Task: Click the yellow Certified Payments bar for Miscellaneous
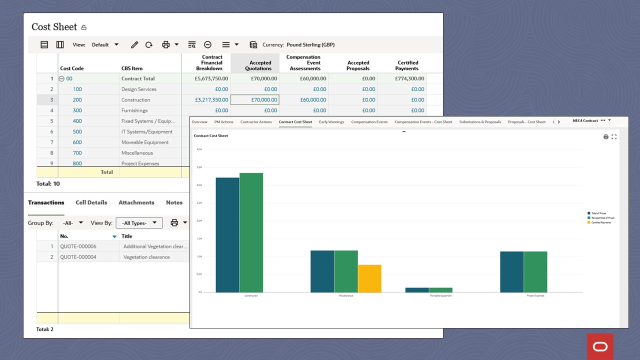pos(369,278)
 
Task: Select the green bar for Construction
pos(251,232)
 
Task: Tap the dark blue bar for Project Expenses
pos(511,272)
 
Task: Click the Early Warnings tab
pos(331,122)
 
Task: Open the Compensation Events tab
pos(369,122)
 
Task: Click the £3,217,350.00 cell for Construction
pos(211,100)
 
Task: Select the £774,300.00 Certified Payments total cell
pos(409,78)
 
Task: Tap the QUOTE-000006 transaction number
pos(78,246)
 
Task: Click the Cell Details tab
pos(91,202)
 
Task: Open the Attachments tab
pos(136,202)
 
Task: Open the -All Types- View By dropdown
pos(139,223)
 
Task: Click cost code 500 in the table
pos(77,132)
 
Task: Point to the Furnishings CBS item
pos(134,110)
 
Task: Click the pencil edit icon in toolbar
pos(134,45)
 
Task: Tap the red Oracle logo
pos(600,346)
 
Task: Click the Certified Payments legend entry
pos(601,222)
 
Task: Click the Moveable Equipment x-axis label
pos(440,296)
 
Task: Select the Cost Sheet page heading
pos(54,27)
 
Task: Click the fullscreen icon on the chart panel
pos(614,136)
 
